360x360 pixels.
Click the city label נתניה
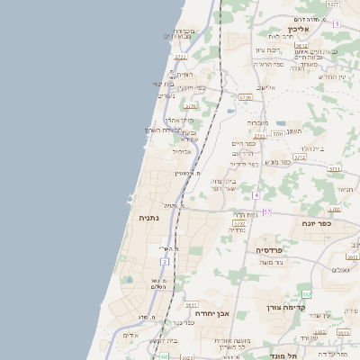(x=149, y=219)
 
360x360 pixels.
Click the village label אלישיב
(x=265, y=87)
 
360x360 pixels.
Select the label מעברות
(x=258, y=122)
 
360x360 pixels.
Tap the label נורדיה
(x=236, y=230)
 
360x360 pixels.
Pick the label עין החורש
(x=332, y=76)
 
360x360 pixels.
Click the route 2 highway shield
(x=165, y=261)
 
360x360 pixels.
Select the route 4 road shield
(x=256, y=195)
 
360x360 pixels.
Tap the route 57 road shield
(x=266, y=211)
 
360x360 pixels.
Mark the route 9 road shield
(x=337, y=23)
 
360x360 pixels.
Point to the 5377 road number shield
(x=333, y=4)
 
